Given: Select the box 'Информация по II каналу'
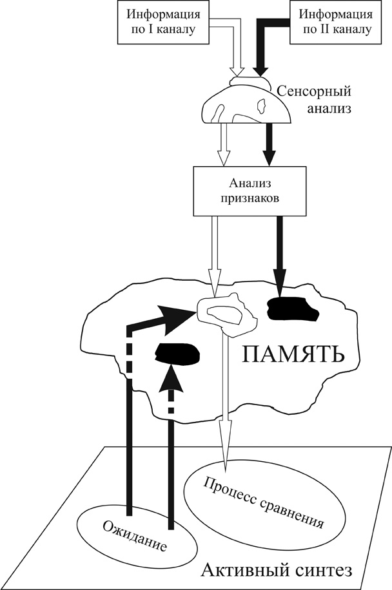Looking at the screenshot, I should pyautogui.click(x=331, y=22).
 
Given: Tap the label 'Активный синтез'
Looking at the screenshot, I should pyautogui.click(x=277, y=569).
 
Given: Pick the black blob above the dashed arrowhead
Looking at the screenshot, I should pyautogui.click(x=176, y=353).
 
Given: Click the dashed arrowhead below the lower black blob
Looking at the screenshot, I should pyautogui.click(x=170, y=381).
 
